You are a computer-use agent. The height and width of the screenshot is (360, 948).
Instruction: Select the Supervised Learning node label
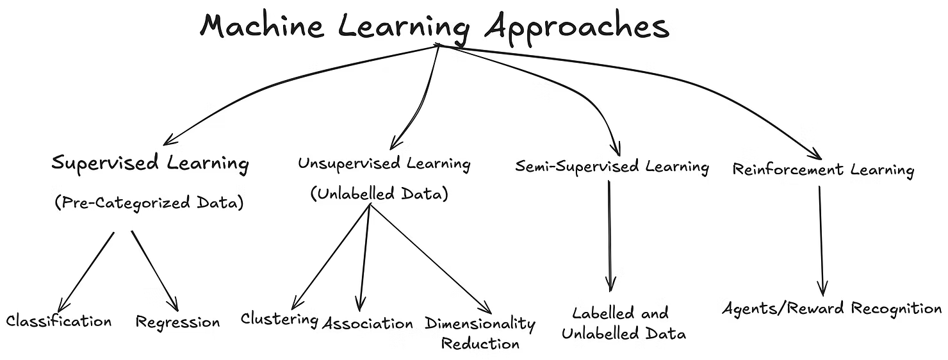150,163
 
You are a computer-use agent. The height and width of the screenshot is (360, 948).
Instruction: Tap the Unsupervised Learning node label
384,163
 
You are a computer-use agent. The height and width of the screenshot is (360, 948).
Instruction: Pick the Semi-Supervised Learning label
612,168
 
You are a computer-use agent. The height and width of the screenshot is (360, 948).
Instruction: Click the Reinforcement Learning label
823,170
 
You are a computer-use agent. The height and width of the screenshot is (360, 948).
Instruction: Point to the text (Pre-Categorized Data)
149,204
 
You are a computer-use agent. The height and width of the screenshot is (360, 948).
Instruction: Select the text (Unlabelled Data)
379,195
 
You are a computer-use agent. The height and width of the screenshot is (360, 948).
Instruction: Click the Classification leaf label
59,321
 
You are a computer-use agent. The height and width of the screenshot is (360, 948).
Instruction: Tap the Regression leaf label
177,322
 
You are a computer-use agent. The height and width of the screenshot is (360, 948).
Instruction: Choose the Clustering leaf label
279,319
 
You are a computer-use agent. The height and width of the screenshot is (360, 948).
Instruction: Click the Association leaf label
368,323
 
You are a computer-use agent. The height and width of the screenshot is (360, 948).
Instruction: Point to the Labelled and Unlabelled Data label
620,323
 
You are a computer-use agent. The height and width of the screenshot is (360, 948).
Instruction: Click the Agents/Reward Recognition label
831,309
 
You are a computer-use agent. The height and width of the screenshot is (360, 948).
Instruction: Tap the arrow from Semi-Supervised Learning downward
609,237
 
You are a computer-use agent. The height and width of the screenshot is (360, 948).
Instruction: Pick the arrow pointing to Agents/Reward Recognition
821,240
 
